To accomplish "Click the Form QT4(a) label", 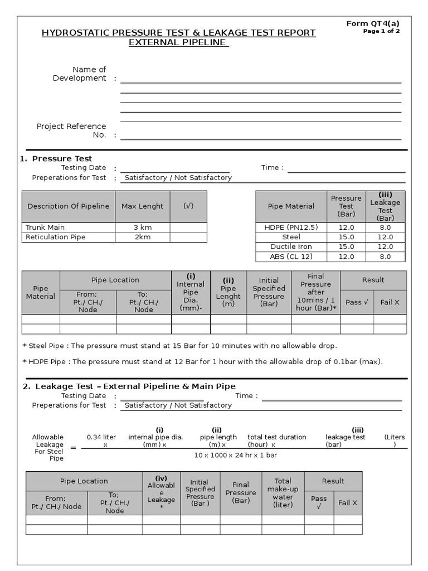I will click(373, 23).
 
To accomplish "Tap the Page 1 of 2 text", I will click(381, 31).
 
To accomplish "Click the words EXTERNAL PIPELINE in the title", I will click(179, 42).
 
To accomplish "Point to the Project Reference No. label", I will click(71, 130).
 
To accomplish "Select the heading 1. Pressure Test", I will click(56, 158).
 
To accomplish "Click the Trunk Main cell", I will click(45, 227).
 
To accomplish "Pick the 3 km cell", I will click(142, 227).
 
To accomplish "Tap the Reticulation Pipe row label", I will click(55, 237).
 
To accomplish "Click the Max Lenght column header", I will click(142, 206).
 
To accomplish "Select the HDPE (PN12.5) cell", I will click(291, 227).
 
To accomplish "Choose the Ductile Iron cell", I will click(291, 246).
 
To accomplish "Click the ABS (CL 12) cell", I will click(291, 257).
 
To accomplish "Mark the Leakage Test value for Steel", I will click(385, 237).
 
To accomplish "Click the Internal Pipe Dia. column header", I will click(191, 292).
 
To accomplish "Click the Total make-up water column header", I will click(283, 492).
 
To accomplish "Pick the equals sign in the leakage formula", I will click(73, 448).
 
